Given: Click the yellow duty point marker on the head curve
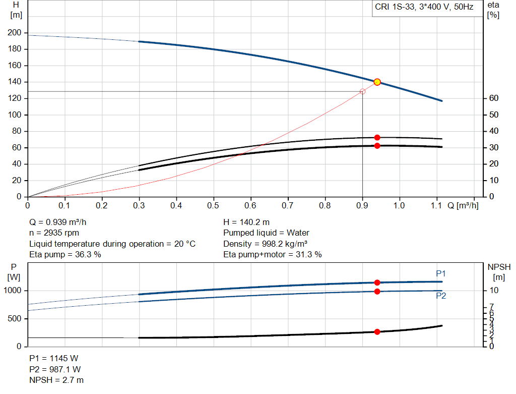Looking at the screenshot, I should (x=377, y=82).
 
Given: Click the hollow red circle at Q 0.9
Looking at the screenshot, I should (x=362, y=91).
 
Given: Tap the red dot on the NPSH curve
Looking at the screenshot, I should (x=377, y=332).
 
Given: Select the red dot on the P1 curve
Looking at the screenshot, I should (x=377, y=283).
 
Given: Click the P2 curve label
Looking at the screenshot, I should (x=441, y=296).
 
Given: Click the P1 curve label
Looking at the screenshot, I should (x=441, y=273).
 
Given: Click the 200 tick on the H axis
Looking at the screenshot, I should (x=15, y=33).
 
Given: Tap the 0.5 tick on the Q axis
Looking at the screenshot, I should (x=214, y=206).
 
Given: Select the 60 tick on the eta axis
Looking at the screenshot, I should (x=493, y=98).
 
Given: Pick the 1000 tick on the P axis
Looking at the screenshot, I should (x=13, y=291).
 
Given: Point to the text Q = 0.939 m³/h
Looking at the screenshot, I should (x=61, y=222).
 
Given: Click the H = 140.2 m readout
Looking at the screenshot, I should (x=247, y=222).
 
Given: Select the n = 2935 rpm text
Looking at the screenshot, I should (x=54, y=233).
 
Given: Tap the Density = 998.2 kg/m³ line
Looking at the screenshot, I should (x=266, y=244).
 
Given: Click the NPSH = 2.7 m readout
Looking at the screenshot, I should (x=56, y=380).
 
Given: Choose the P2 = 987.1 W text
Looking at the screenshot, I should (x=54, y=369).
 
